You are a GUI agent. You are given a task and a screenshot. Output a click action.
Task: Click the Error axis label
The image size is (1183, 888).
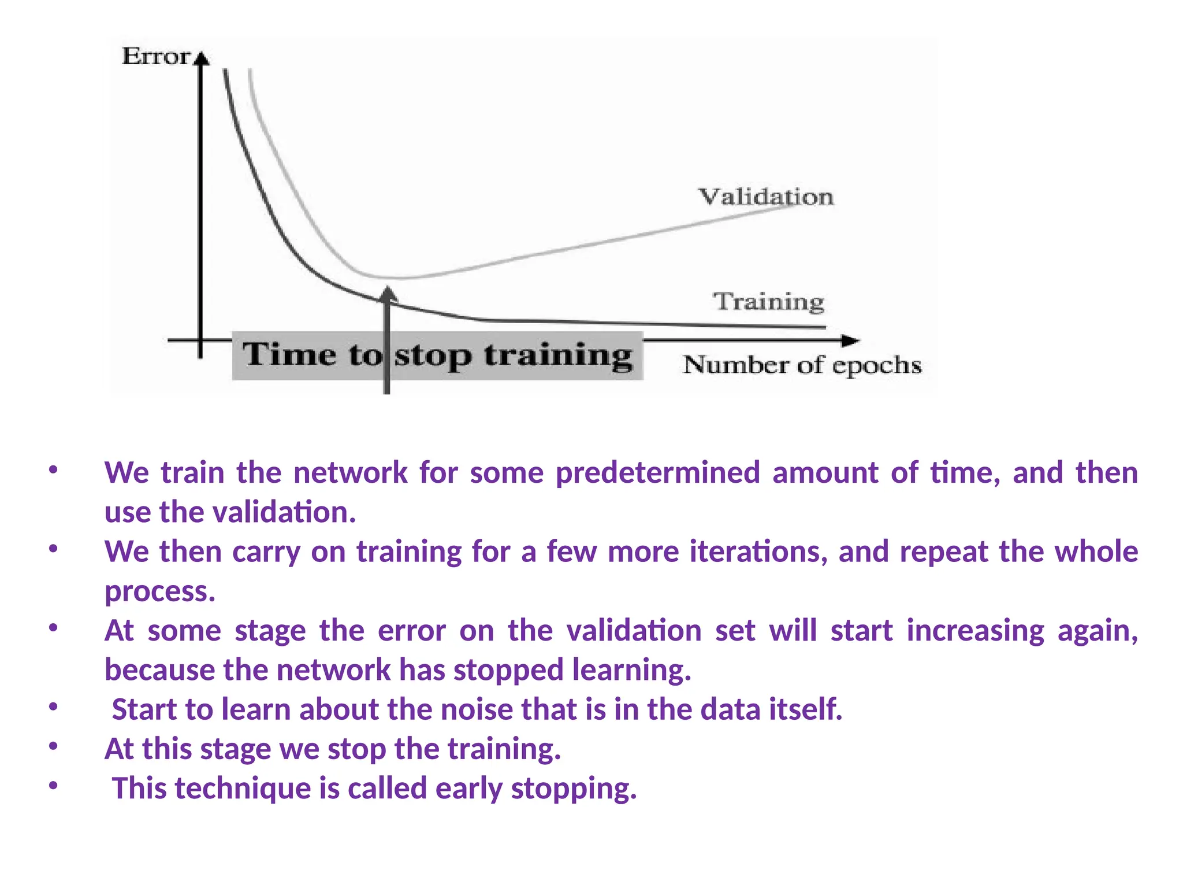tap(156, 57)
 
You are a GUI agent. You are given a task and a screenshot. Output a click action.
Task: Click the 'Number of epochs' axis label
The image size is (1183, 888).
tap(802, 365)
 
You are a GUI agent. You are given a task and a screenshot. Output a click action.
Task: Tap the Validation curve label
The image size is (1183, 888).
tap(766, 197)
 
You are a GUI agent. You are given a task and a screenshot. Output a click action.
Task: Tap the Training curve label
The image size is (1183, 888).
tap(768, 302)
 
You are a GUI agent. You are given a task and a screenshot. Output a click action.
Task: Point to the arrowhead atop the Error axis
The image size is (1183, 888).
tap(200, 58)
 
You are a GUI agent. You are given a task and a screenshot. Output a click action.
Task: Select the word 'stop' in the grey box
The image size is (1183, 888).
tap(432, 356)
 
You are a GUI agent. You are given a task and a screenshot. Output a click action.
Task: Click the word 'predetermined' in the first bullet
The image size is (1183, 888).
tap(657, 472)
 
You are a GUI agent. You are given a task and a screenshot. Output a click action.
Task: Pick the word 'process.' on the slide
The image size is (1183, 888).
tap(160, 591)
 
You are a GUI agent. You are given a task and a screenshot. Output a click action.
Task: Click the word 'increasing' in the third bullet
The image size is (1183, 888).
tap(975, 631)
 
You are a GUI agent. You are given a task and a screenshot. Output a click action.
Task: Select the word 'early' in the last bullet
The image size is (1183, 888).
tap(468, 789)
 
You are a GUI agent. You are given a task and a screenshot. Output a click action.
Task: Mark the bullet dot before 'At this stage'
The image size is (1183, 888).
tap(53, 746)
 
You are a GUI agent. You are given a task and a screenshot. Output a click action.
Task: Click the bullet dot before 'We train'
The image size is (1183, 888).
tap(53, 470)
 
